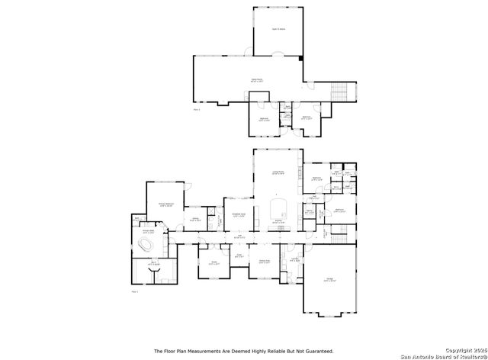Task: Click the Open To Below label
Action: (x=278, y=29)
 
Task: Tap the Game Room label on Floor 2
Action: (x=257, y=79)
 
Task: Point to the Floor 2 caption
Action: (x=197, y=110)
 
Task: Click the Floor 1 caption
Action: (x=134, y=291)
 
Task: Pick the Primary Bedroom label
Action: (x=168, y=205)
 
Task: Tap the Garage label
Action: (x=329, y=281)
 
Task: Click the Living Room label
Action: (x=278, y=173)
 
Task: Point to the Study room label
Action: (x=214, y=263)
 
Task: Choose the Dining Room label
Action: (x=265, y=262)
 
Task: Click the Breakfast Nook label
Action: (x=238, y=216)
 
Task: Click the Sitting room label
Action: (x=195, y=220)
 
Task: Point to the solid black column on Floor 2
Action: (x=301, y=57)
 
